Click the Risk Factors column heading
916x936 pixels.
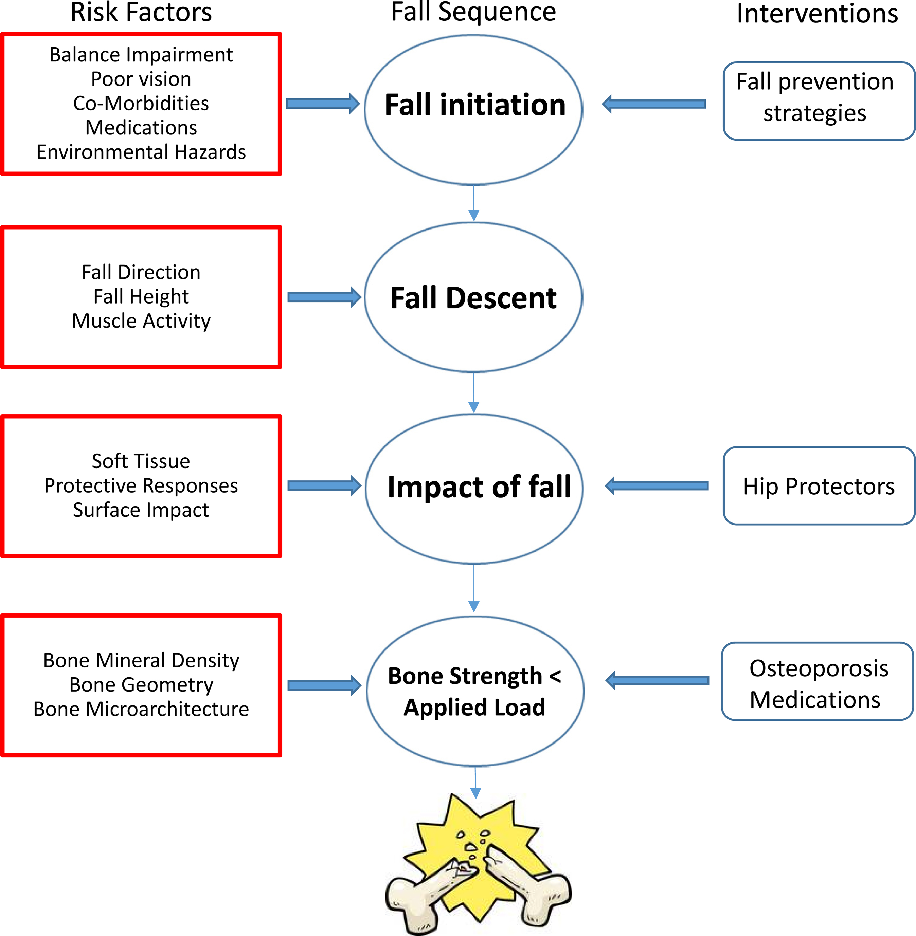(141, 13)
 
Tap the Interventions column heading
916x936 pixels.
(817, 14)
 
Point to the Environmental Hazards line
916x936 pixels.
(141, 152)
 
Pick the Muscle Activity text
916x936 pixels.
(141, 321)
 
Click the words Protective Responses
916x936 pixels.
(141, 486)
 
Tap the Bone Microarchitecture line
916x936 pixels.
(141, 709)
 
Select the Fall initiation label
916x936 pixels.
(475, 105)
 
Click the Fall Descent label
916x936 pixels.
(473, 298)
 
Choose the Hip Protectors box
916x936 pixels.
(819, 486)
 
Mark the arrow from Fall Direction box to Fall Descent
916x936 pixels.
(324, 297)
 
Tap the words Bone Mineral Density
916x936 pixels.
(141, 660)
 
